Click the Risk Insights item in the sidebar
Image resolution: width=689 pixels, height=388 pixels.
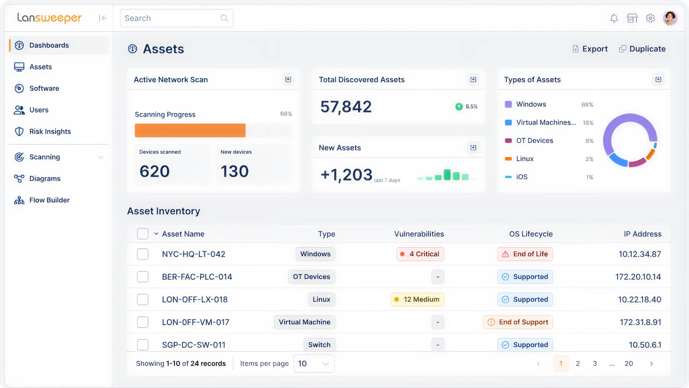50,131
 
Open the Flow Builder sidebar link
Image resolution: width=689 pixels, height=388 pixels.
49,200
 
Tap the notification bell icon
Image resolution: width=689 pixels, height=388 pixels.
614,18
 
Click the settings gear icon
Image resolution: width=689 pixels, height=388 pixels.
650,18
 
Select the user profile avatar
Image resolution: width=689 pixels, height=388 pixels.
670,18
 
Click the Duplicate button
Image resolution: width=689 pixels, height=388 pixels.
642,49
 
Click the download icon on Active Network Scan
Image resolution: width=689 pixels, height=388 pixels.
288,79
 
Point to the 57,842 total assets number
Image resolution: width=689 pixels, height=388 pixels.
346,107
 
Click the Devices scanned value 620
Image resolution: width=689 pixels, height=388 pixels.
155,171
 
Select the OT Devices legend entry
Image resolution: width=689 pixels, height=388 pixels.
534,141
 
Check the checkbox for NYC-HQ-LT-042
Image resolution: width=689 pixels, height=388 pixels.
143,254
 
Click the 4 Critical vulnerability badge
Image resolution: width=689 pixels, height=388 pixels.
420,254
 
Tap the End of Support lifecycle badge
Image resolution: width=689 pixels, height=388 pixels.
518,322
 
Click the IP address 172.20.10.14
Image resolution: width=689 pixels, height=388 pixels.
638,277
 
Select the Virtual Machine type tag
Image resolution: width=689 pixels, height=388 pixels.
304,322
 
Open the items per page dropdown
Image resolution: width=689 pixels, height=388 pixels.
314,364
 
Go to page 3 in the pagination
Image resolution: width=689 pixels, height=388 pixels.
595,364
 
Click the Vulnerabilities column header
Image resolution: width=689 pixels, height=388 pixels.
419,234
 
